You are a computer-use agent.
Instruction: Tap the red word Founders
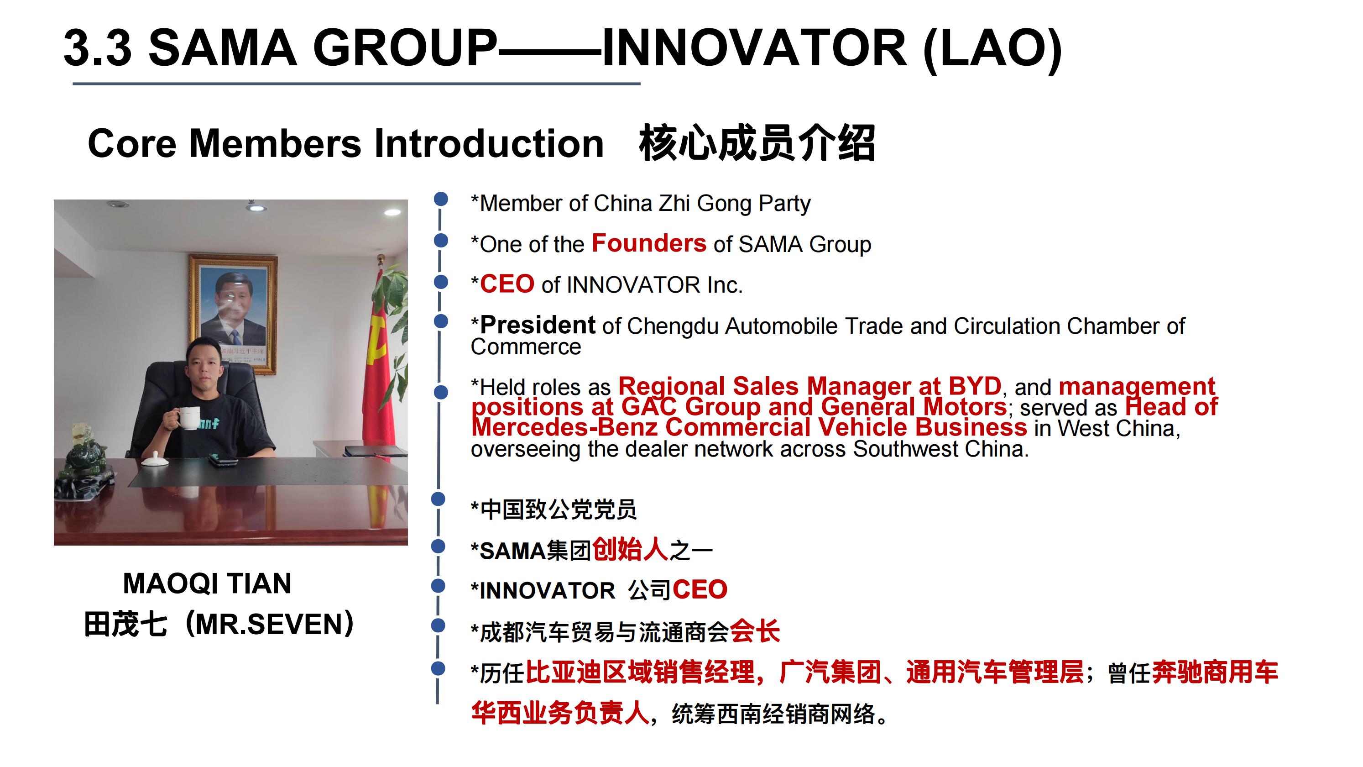(x=649, y=243)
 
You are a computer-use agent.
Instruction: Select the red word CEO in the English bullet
(x=507, y=284)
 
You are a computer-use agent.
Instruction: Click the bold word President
(x=538, y=325)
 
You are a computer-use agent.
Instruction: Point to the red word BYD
(x=975, y=386)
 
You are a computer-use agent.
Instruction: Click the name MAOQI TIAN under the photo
(x=207, y=583)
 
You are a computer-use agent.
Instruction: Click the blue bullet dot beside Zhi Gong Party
(x=441, y=199)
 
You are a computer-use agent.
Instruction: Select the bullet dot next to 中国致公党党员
(x=438, y=499)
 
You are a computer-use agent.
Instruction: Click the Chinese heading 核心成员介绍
(x=757, y=143)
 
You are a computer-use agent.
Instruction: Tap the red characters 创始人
(x=630, y=549)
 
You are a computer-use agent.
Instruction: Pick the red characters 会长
(x=755, y=631)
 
